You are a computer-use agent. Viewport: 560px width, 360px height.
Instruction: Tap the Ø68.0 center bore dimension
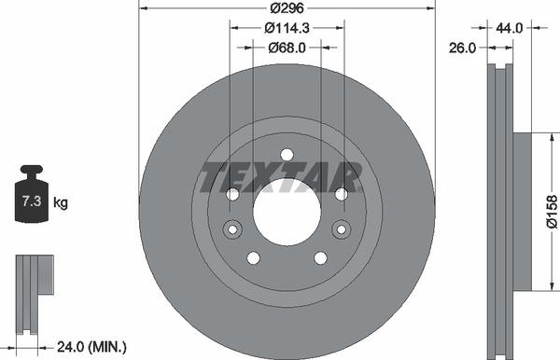(286, 48)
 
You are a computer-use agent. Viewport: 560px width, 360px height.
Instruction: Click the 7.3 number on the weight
(31, 201)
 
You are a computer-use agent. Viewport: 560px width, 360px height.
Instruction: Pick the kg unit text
(60, 201)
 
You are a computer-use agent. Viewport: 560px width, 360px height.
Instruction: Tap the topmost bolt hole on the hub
(287, 155)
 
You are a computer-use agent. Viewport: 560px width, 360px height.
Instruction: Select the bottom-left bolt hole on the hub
(252, 257)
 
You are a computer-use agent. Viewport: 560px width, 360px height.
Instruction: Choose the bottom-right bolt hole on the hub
(320, 257)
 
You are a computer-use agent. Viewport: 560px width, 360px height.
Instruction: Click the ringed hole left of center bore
(232, 228)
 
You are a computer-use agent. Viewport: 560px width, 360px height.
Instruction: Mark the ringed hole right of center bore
(341, 228)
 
